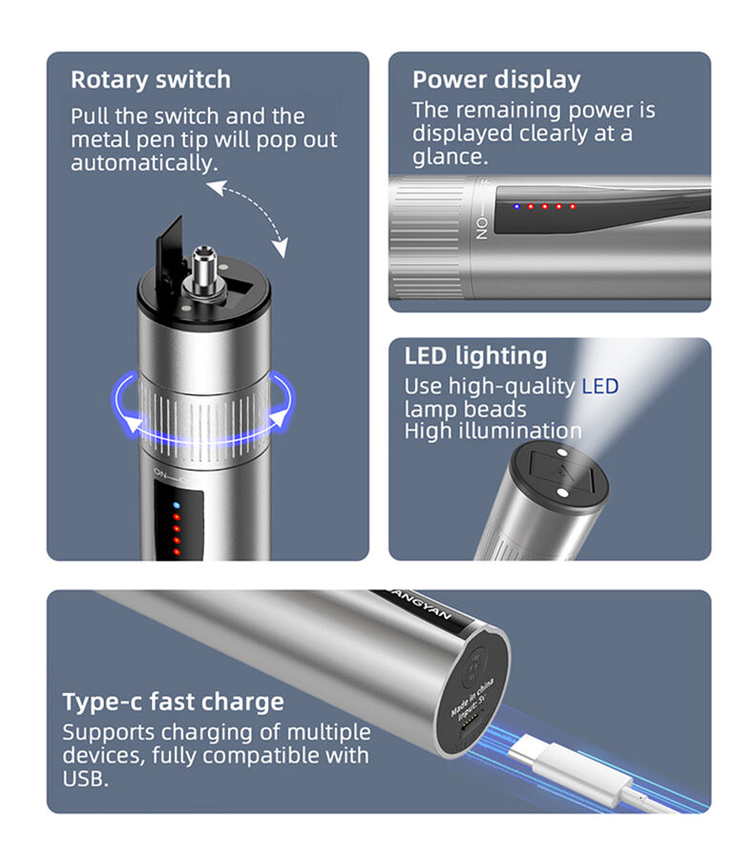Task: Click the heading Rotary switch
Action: pyautogui.click(x=151, y=79)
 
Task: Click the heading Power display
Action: pyautogui.click(x=496, y=80)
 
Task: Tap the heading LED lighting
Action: pyautogui.click(x=475, y=356)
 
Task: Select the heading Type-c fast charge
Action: pyautogui.click(x=173, y=702)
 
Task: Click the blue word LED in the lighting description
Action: pyautogui.click(x=600, y=386)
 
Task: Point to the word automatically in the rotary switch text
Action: pyautogui.click(x=144, y=163)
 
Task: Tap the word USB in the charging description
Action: pyautogui.click(x=86, y=778)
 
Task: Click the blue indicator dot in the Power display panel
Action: pyautogui.click(x=516, y=206)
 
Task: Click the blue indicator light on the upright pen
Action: pyautogui.click(x=177, y=505)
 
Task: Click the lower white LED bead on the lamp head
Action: pyautogui.click(x=562, y=492)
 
